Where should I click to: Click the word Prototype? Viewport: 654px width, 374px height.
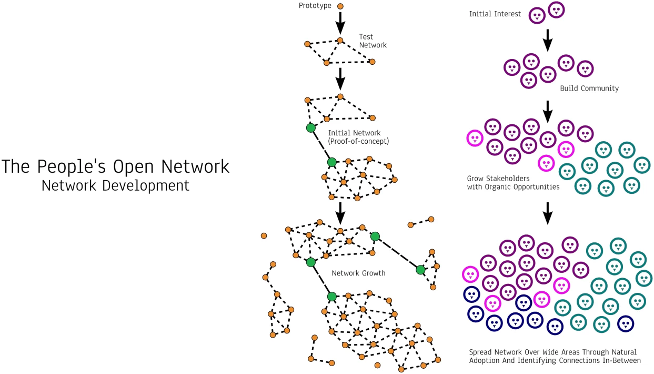(314, 6)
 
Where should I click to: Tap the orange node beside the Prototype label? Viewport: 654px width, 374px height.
(340, 6)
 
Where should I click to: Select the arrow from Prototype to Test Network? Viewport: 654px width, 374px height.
(340, 23)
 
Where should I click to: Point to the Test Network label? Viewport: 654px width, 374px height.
(373, 41)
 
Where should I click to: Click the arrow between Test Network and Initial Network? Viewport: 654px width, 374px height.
(340, 77)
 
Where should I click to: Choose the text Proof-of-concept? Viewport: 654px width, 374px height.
(356, 142)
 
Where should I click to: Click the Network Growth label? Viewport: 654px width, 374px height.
(358, 273)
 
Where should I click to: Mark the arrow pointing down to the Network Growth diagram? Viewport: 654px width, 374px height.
(340, 212)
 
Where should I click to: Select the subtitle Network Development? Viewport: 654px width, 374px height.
(115, 185)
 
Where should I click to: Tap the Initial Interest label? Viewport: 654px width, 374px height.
(495, 14)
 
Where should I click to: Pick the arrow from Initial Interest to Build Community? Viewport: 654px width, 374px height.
(547, 40)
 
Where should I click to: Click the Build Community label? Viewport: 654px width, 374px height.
(589, 88)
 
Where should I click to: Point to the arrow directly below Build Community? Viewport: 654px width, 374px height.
(547, 110)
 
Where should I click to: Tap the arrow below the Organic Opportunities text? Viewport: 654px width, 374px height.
(547, 212)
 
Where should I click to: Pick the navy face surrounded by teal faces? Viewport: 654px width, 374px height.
(625, 323)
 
